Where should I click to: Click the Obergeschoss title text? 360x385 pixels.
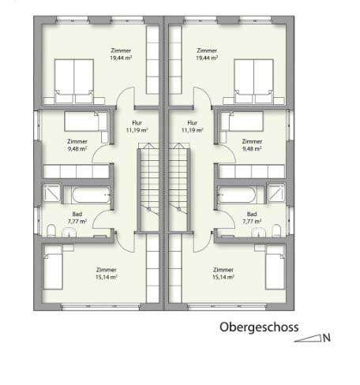tap(259, 327)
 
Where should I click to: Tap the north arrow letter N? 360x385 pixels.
tap(327, 338)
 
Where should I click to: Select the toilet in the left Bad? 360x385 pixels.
tap(51, 230)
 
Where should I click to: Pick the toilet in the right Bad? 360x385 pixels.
tap(276, 230)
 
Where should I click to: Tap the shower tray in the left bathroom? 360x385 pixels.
tap(51, 193)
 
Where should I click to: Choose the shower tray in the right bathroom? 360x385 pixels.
tap(276, 193)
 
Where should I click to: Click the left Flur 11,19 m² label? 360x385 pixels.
tap(137, 126)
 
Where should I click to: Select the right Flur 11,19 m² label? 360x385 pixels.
tap(192, 126)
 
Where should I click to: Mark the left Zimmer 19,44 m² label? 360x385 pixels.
tap(121, 54)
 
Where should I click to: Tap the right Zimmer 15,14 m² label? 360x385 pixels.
tap(223, 274)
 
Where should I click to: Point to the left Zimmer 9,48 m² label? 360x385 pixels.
tap(77, 145)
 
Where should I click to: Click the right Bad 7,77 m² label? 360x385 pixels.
tap(252, 218)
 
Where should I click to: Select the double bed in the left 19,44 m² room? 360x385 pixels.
tap(74, 81)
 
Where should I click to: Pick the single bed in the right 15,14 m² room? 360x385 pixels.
tap(275, 267)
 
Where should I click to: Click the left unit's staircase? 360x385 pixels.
tap(148, 188)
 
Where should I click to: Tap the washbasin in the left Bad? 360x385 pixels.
tap(69, 232)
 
